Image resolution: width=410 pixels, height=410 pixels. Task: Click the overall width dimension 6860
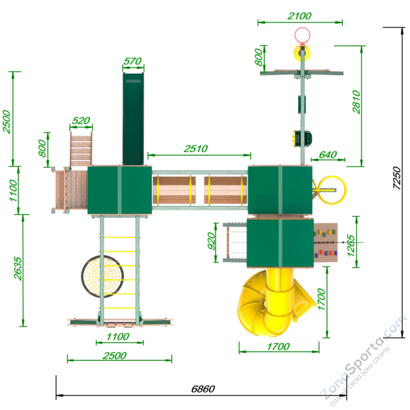tap(203, 389)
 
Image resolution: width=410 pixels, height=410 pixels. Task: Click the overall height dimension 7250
tap(397, 178)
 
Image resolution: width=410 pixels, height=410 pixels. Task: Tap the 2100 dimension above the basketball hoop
tap(299, 16)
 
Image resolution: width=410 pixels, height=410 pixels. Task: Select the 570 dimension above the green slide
tap(132, 61)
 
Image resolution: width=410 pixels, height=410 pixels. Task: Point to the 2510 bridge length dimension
tap(196, 149)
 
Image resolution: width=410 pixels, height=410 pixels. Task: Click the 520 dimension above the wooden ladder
tap(81, 121)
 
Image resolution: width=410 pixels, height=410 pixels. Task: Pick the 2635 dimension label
tap(18, 268)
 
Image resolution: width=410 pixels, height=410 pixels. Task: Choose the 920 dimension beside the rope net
tap(211, 241)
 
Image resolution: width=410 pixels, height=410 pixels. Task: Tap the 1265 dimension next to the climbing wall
tap(351, 246)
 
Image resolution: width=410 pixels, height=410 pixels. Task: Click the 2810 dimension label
tap(356, 102)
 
